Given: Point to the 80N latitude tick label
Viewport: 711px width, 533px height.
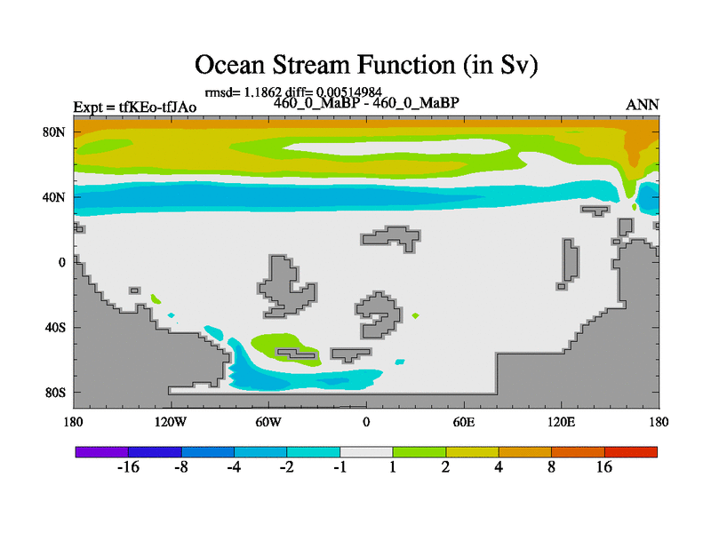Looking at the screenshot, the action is [x=54, y=132].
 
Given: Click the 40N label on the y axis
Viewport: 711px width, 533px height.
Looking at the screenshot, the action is [x=54, y=197].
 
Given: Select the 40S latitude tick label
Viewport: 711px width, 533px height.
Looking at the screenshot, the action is [x=55, y=327].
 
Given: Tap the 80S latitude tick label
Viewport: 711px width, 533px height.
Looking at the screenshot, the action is [x=55, y=393].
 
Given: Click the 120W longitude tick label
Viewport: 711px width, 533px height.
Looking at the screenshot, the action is [x=171, y=423].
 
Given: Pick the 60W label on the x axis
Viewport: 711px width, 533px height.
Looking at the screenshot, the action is [x=268, y=423].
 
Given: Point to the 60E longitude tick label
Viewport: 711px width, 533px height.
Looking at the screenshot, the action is [x=464, y=423].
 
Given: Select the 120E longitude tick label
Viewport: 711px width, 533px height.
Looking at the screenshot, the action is [x=562, y=423].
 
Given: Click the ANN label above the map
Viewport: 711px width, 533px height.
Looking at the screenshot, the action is [x=642, y=105].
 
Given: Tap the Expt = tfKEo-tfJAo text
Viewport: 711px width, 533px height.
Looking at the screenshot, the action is [x=135, y=107].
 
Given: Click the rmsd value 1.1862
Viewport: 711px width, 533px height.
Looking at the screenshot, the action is [x=263, y=92].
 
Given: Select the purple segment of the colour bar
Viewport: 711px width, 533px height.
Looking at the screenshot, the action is [x=102, y=452].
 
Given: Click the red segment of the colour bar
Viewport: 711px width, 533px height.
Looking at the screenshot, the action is [x=631, y=452].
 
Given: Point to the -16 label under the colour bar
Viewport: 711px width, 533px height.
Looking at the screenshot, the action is [x=128, y=467].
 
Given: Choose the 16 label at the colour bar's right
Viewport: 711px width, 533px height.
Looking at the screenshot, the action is [x=604, y=467].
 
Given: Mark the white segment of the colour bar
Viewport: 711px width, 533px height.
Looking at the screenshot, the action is [x=366, y=452].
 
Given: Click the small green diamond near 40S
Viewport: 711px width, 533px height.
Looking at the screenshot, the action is [x=415, y=316].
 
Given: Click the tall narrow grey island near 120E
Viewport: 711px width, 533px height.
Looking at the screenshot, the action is [x=570, y=260].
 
